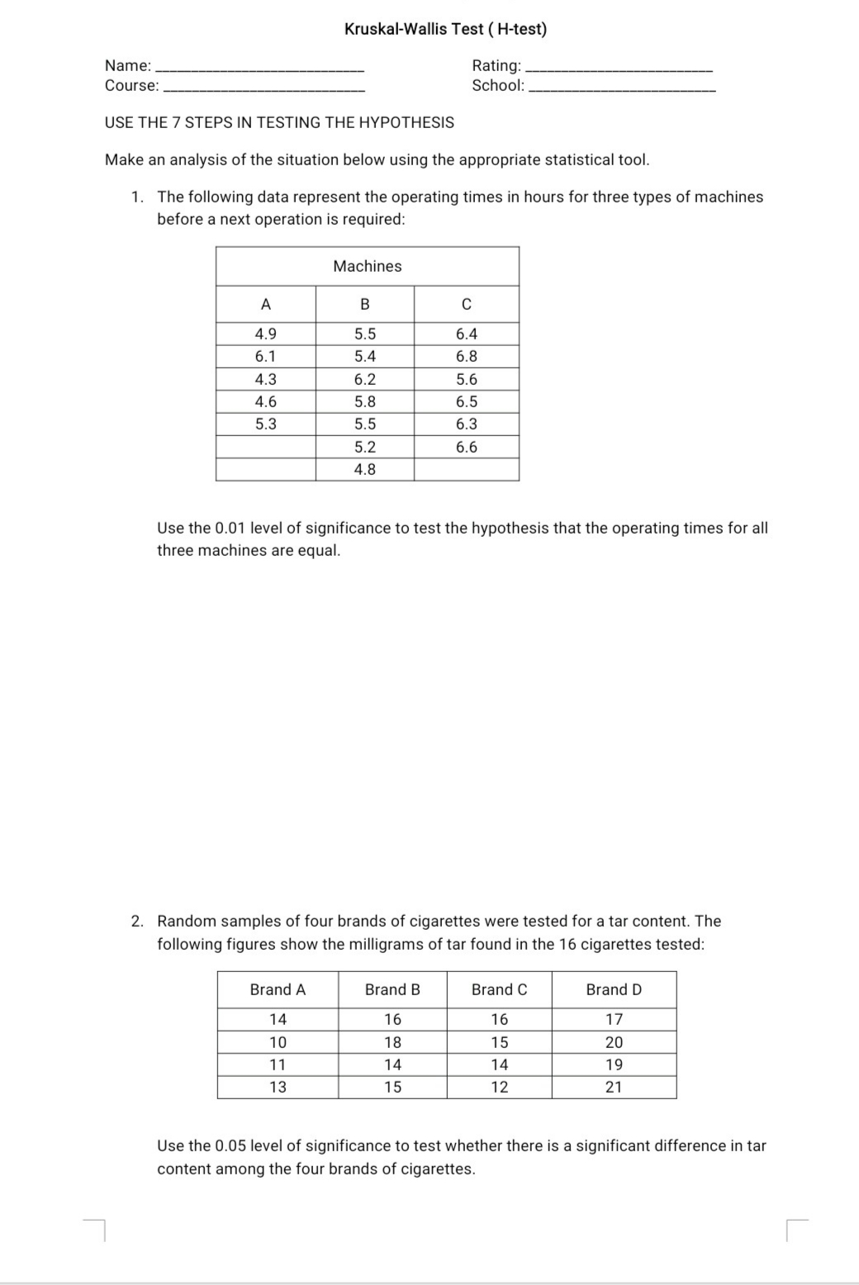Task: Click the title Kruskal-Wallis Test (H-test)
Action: point(445,29)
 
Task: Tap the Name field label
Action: point(127,65)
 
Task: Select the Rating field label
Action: point(496,65)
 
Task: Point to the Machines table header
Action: point(368,266)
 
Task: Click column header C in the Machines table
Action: point(467,305)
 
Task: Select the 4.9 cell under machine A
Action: point(266,334)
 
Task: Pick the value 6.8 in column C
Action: point(467,357)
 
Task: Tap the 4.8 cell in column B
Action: point(365,469)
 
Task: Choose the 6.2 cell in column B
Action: point(365,380)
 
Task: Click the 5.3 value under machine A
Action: point(266,424)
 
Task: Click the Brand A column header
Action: point(278,989)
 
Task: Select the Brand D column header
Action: point(614,989)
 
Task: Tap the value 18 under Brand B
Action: point(392,1042)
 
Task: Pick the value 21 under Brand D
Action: point(614,1087)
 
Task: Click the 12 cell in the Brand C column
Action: point(500,1087)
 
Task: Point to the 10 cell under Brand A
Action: point(278,1042)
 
